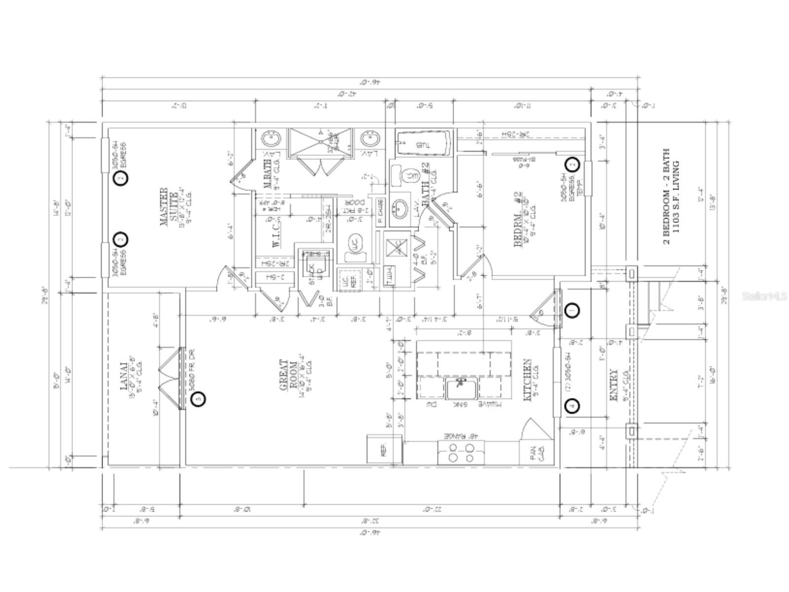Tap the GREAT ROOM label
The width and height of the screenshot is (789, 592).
tap(289, 375)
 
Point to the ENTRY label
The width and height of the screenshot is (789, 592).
tap(613, 385)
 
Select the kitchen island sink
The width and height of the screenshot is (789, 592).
tap(461, 388)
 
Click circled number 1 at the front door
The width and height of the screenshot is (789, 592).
tap(572, 310)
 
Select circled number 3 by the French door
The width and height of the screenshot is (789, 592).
tap(198, 399)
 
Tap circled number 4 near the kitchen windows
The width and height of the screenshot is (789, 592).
tap(572, 406)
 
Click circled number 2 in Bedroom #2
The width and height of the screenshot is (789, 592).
tap(572, 164)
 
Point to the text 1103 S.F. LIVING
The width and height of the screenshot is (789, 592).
tap(678, 203)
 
